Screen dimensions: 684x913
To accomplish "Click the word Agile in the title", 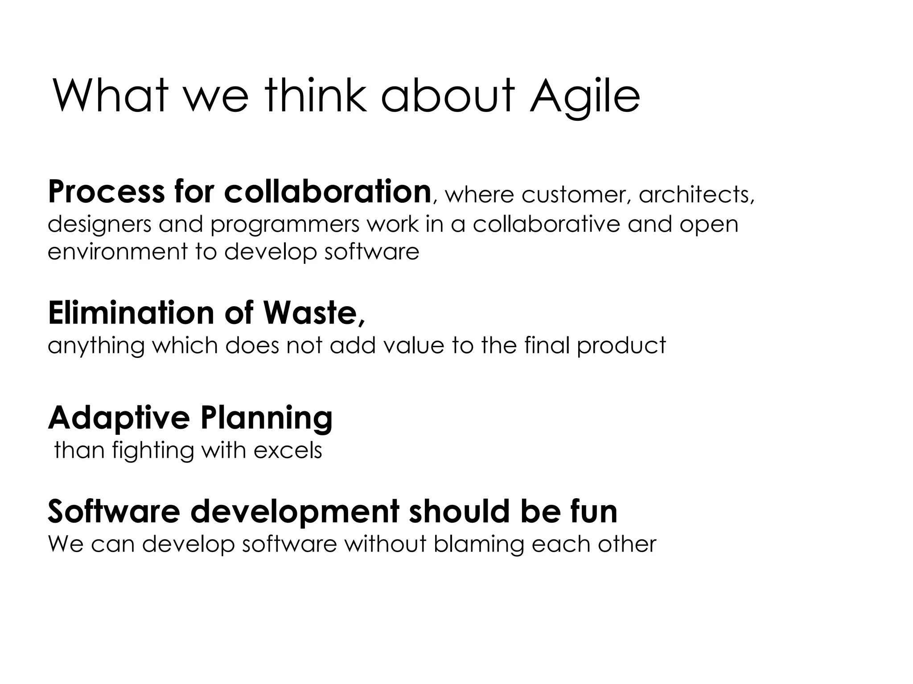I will pyautogui.click(x=584, y=97).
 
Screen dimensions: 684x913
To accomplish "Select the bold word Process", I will pyautogui.click(x=106, y=192).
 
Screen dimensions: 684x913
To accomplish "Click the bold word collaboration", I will pyautogui.click(x=327, y=192).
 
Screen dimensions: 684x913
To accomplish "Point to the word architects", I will pyautogui.click(x=696, y=195).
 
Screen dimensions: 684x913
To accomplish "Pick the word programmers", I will pyautogui.click(x=284, y=224).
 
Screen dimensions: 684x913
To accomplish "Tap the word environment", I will pyautogui.click(x=118, y=252).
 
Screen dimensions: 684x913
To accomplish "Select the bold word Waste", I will pyautogui.click(x=314, y=313).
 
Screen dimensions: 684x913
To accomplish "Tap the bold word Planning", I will pyautogui.click(x=266, y=418).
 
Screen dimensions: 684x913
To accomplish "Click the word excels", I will pyautogui.click(x=288, y=450).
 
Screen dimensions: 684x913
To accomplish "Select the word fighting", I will pyautogui.click(x=153, y=451).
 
